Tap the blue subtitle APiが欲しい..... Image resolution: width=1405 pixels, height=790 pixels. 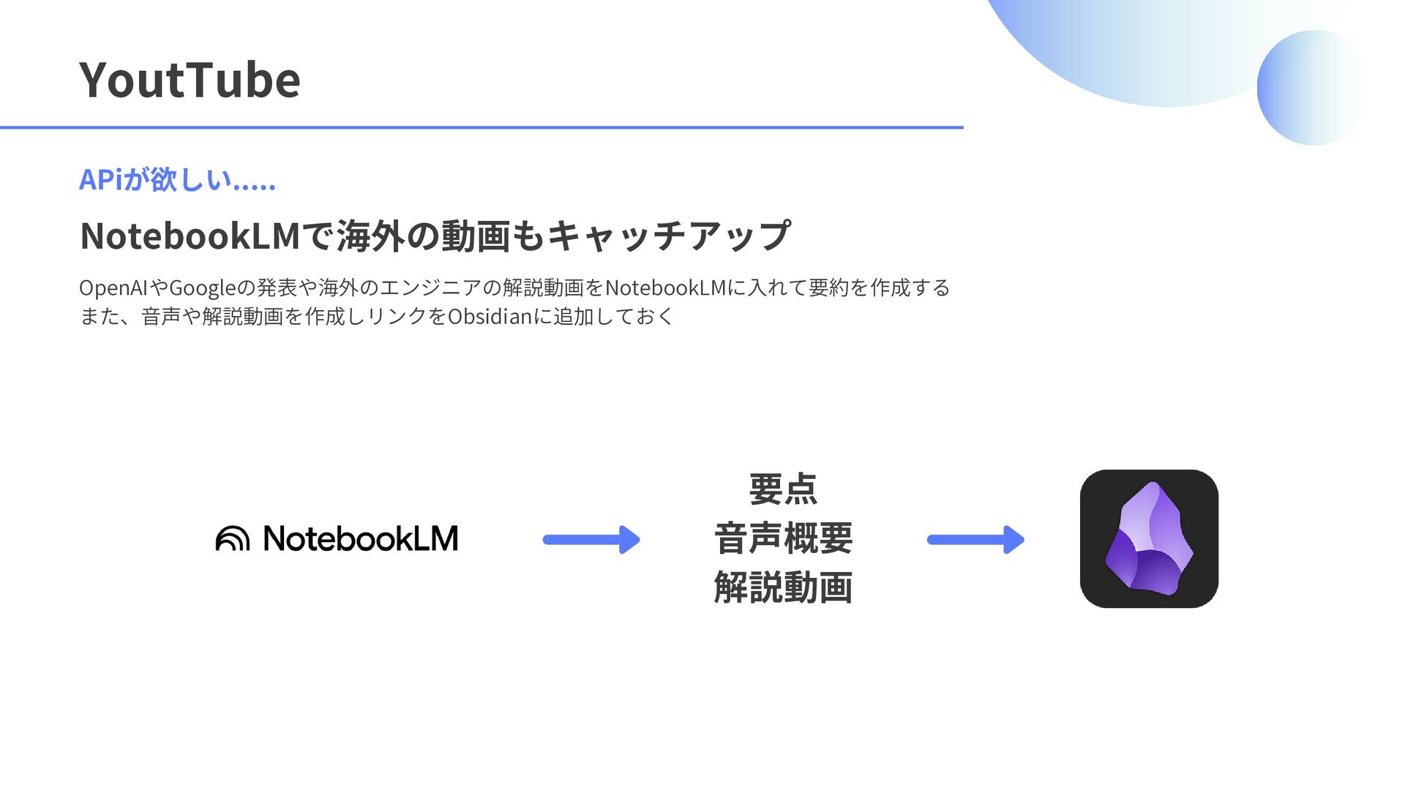point(177,180)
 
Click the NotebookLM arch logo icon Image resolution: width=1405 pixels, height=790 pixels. point(233,538)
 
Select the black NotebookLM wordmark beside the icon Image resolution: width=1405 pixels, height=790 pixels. point(360,538)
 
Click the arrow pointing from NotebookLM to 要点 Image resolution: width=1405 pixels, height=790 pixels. point(591,540)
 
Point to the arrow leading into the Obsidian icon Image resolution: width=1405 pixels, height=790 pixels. point(975,540)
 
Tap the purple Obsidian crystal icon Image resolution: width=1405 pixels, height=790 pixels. point(1149,538)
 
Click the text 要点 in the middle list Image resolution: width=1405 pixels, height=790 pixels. point(783,489)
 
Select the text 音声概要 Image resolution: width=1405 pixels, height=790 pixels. point(783,538)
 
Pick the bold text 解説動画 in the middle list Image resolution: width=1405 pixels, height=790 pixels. point(783,587)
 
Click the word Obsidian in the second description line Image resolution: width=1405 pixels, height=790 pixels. point(490,317)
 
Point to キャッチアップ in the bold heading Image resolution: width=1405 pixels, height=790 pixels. point(668,236)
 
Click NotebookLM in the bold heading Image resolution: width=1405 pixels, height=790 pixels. point(190,236)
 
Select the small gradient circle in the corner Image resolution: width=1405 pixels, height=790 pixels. point(1313,88)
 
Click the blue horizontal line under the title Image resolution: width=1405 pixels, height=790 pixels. point(482,127)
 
